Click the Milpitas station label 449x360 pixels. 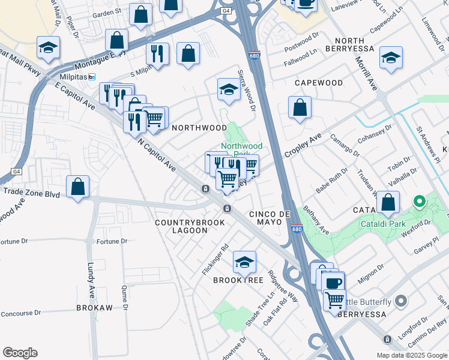tap(74, 77)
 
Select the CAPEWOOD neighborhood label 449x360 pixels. tap(318, 83)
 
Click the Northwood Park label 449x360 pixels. tap(241, 146)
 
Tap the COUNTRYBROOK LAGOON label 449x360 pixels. tap(190, 226)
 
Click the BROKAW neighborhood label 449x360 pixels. tap(94, 307)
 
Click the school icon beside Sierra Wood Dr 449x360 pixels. tap(228, 90)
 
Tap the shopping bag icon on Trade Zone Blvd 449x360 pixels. tap(78, 187)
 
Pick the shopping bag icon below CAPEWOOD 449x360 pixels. tap(300, 109)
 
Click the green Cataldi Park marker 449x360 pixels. tap(420, 201)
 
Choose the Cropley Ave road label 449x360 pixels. tap(304, 146)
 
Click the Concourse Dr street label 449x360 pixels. tap(21, 313)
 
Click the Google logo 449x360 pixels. tap(20, 353)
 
